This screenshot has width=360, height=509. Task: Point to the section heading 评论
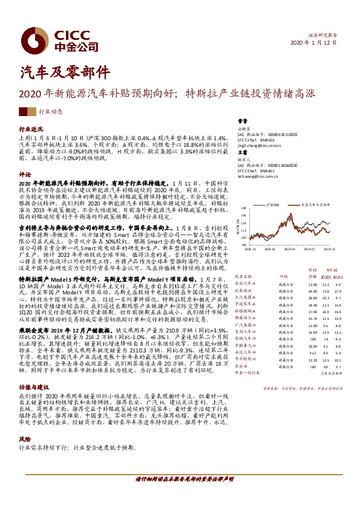(24, 174)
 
